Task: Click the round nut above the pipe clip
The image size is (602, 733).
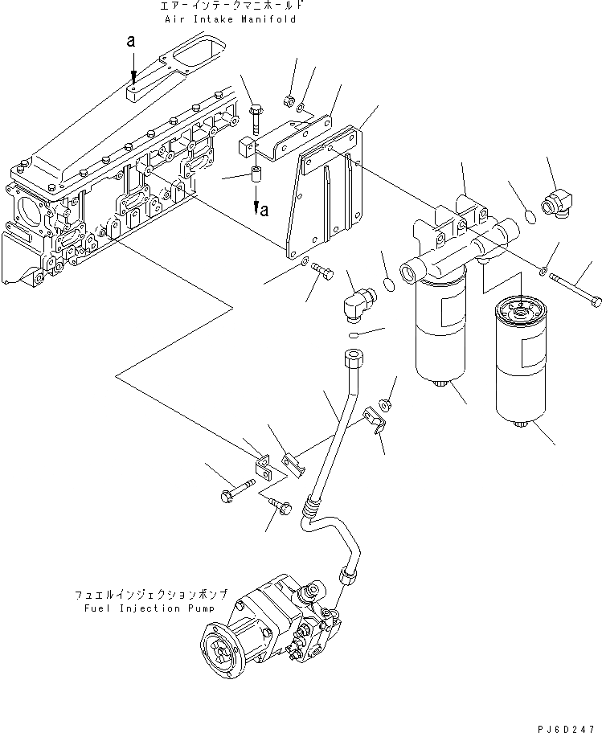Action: click(385, 401)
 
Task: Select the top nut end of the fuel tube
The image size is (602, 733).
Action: click(352, 359)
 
